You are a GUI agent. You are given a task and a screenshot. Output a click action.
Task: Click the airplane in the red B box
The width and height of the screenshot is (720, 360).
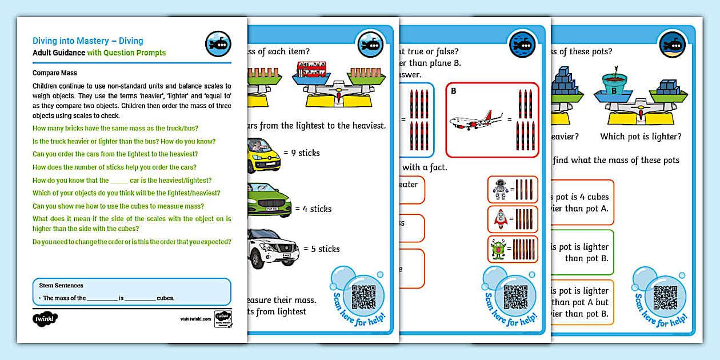(471, 122)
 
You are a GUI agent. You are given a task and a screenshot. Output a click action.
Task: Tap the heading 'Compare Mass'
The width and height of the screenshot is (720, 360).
(55, 73)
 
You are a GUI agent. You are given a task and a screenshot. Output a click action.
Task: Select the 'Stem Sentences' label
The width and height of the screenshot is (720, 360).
(61, 285)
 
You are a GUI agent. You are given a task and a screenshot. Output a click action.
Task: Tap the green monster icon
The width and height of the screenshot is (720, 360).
(499, 250)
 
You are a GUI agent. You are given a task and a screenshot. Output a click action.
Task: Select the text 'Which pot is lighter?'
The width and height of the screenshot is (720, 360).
(640, 137)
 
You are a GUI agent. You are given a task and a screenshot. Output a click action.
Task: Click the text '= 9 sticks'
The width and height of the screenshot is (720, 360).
(301, 153)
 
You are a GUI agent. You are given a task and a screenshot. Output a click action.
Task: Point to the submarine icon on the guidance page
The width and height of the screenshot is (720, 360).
(217, 44)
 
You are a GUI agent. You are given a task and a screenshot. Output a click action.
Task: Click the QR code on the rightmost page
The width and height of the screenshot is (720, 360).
(666, 297)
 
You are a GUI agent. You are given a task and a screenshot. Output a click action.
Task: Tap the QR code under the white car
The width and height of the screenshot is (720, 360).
(363, 297)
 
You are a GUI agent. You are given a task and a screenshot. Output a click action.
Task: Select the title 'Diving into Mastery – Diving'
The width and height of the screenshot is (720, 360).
(88, 41)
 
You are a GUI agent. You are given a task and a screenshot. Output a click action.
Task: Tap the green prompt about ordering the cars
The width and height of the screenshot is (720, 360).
(115, 154)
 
